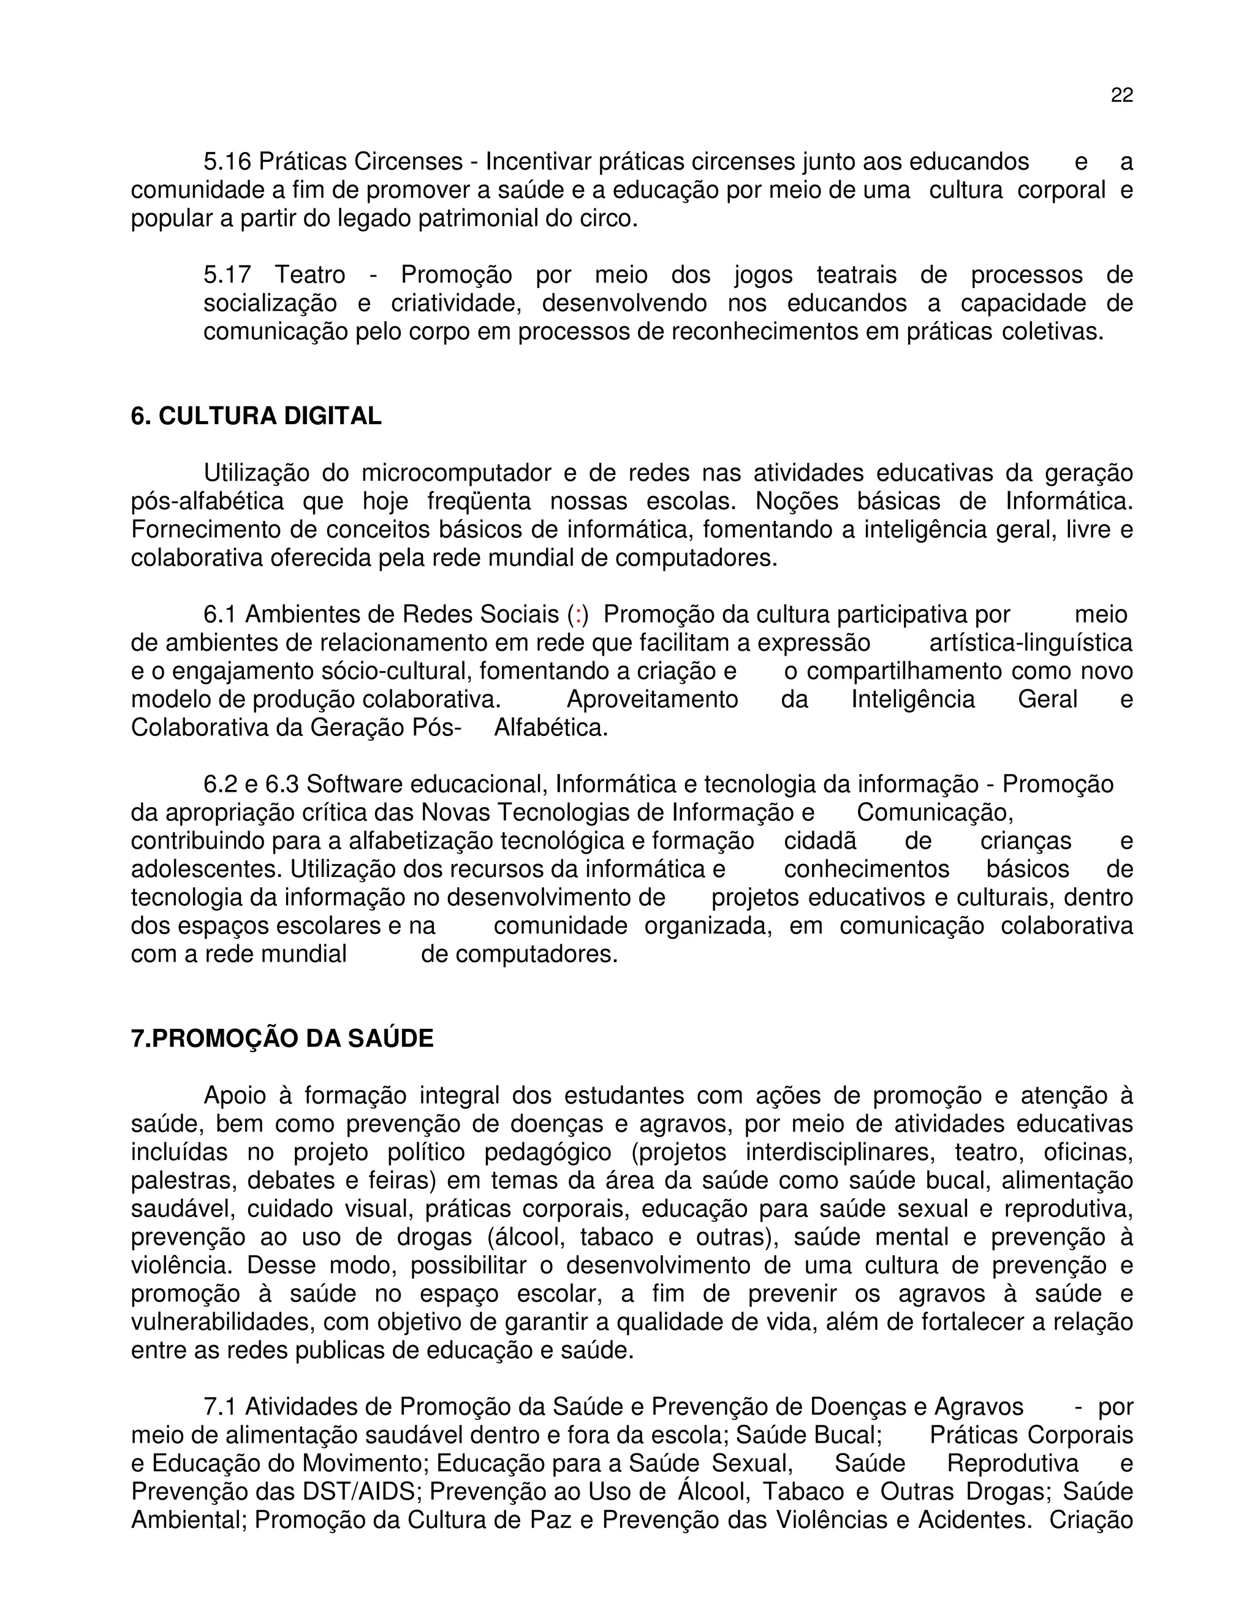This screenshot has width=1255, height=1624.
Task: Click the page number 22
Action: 1121,95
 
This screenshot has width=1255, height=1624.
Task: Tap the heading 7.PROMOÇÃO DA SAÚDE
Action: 282,1039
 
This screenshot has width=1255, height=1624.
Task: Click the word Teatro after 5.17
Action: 310,275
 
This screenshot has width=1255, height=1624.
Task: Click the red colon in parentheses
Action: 578,615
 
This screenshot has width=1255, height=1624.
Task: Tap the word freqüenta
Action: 479,501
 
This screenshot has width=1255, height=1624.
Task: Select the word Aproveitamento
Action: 652,700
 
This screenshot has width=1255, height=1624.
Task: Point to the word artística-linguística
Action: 1031,643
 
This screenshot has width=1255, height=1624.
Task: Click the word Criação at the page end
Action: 1091,1520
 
